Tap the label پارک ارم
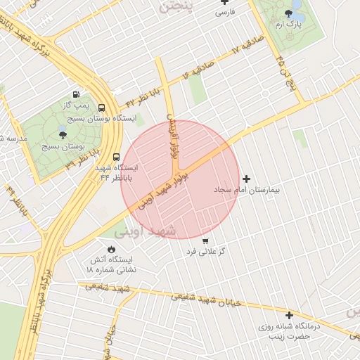coord(288,25)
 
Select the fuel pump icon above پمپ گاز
coord(75,94)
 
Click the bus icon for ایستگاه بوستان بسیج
coord(103,109)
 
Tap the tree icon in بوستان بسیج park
coord(63,134)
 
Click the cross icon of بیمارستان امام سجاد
coord(245,179)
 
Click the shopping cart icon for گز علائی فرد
coord(205,240)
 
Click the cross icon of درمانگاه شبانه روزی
coord(288,314)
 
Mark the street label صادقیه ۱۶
coord(196,70)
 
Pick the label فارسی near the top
coord(224,13)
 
